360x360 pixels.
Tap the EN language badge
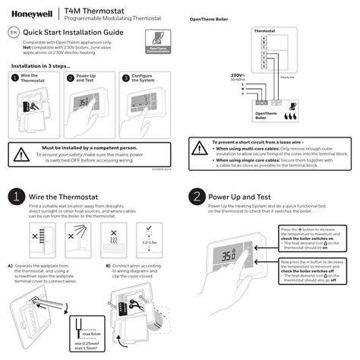(x=13, y=33)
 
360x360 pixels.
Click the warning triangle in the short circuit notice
(x=199, y=146)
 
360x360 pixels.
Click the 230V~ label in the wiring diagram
(x=236, y=75)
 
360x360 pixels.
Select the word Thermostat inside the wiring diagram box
(x=264, y=29)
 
